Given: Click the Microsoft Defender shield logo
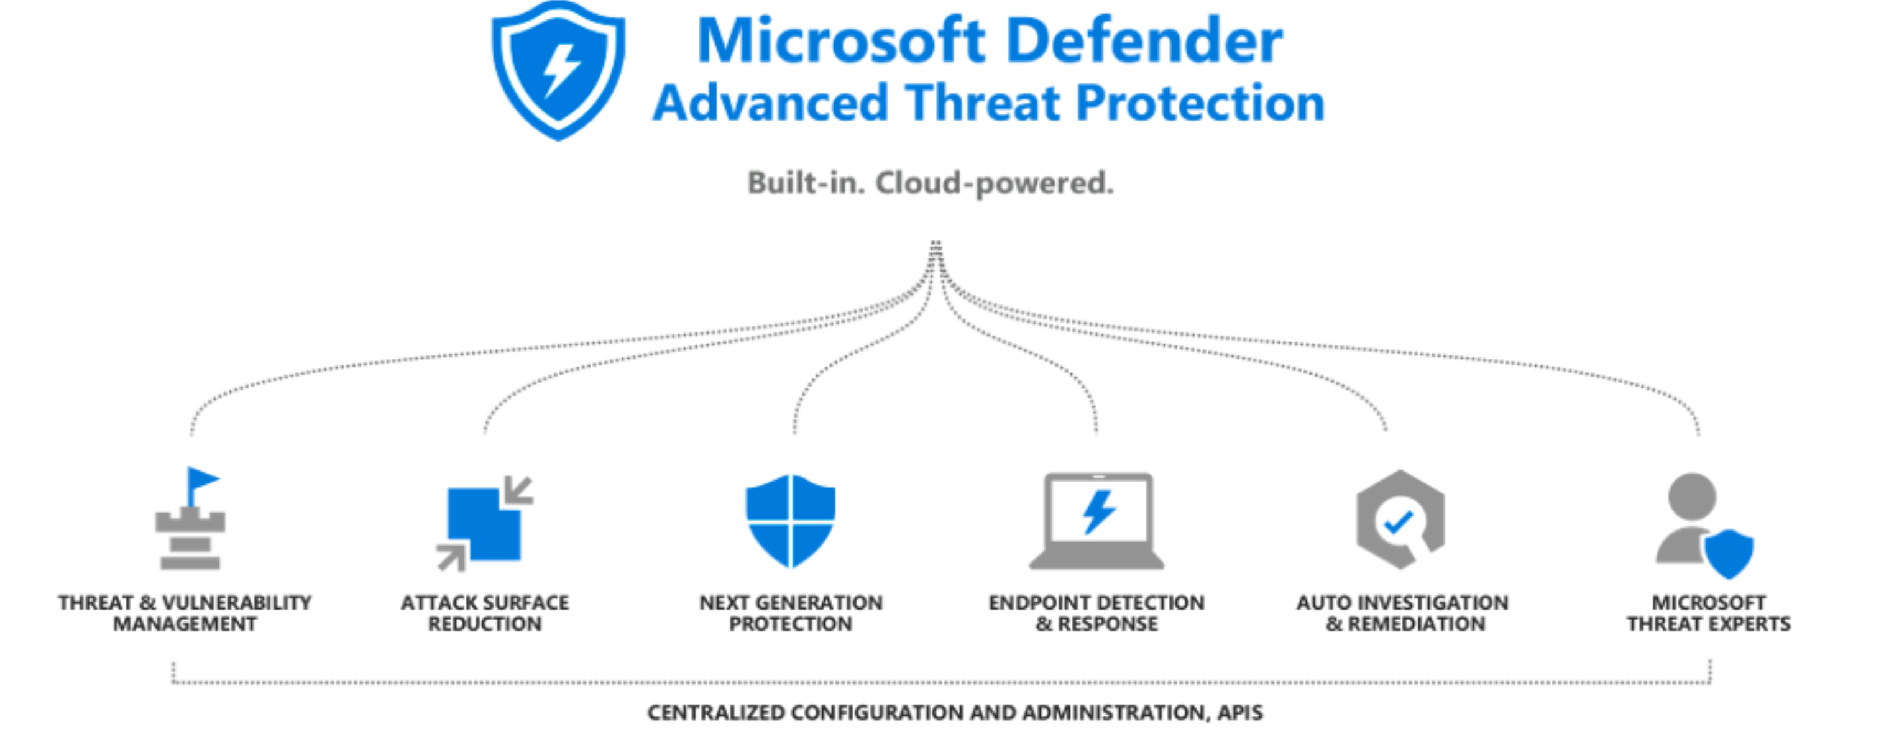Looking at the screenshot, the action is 558,70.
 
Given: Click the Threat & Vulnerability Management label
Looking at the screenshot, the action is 185,613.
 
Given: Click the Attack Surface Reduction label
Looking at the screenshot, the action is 484,613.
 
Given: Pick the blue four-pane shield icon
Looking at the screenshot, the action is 791,520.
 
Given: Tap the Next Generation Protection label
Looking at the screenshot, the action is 791,613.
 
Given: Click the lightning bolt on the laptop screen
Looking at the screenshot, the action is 1098,511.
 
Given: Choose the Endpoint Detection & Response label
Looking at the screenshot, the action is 1096,613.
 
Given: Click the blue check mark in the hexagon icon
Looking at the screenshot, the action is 1398,523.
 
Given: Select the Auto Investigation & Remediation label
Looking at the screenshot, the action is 1402,613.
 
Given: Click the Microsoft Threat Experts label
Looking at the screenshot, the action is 1709,613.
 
